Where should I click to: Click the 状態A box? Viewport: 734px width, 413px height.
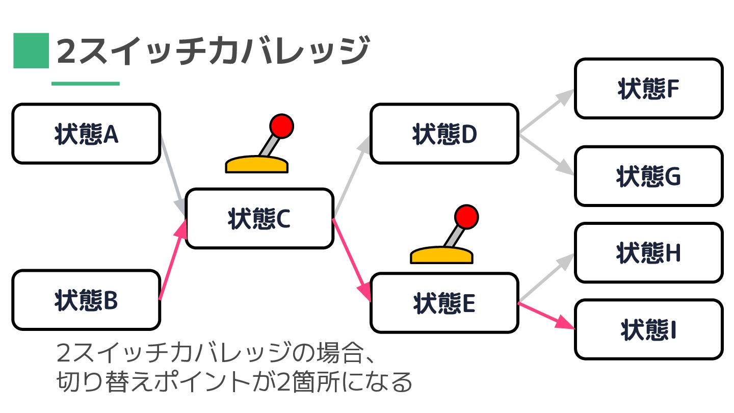click(86, 134)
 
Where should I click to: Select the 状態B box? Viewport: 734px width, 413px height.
click(86, 300)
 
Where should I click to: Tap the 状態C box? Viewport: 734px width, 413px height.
click(259, 219)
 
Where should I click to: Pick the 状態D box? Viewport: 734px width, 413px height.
click(444, 134)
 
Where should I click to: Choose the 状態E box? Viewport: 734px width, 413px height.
click(444, 303)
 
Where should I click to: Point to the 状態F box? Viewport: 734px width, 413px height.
click(648, 89)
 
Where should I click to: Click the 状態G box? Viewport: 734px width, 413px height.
click(648, 176)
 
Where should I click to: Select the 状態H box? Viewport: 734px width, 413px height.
click(648, 253)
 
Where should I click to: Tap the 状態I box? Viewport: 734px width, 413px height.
click(648, 329)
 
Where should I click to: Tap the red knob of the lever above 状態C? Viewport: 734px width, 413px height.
click(281, 125)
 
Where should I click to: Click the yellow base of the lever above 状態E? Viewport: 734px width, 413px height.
click(442, 255)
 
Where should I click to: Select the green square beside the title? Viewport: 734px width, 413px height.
click(31, 50)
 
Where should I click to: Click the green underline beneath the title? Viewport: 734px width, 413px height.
click(85, 84)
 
